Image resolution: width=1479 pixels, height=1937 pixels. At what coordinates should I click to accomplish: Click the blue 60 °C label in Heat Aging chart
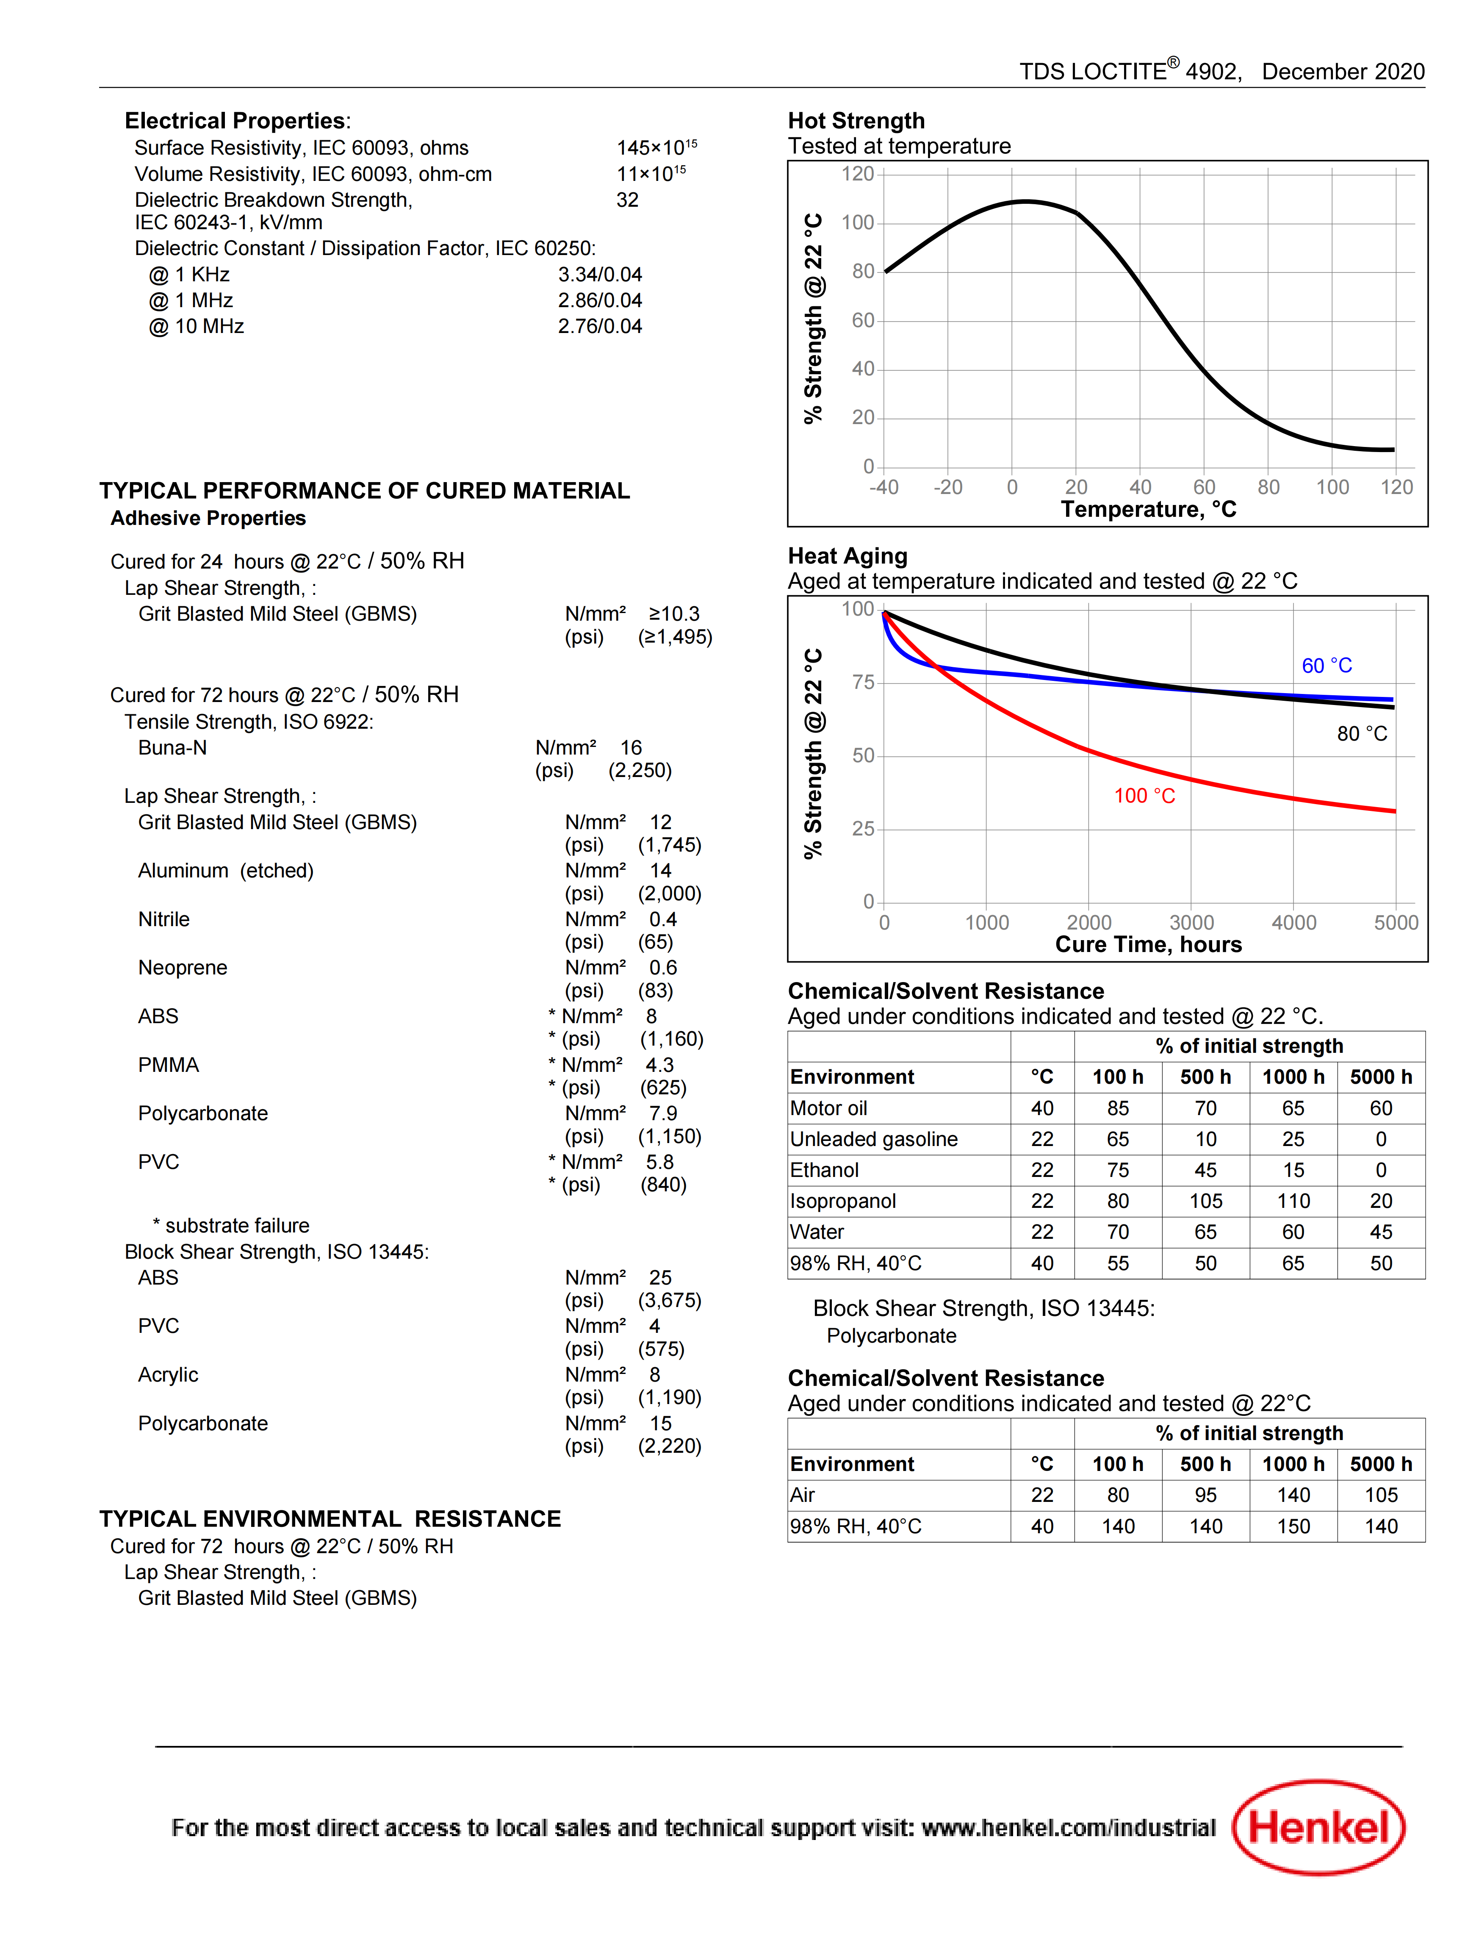1327,666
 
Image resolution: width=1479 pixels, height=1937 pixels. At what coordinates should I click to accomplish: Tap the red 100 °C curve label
1144,796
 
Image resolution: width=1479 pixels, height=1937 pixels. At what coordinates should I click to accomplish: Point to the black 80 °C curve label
1362,733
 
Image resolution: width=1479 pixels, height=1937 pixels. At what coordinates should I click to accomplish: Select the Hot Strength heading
856,121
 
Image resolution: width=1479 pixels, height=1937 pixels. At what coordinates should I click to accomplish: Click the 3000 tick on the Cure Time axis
1191,923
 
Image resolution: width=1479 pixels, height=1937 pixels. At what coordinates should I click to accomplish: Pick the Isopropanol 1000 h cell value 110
1293,1201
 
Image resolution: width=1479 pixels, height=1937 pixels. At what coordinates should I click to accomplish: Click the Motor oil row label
828,1108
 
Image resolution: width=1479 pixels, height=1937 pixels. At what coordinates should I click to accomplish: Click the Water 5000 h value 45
1381,1232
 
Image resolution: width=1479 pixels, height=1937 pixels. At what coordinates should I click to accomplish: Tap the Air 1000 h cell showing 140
1293,1495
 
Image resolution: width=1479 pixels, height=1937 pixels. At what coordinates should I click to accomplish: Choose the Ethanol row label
824,1170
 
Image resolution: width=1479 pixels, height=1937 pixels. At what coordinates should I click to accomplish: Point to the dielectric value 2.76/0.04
600,327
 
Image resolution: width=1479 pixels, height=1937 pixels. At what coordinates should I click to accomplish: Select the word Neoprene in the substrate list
182,968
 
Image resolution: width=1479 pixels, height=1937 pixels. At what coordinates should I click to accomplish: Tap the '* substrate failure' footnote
231,1226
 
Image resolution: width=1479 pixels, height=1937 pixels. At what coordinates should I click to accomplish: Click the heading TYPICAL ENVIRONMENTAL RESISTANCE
330,1519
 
